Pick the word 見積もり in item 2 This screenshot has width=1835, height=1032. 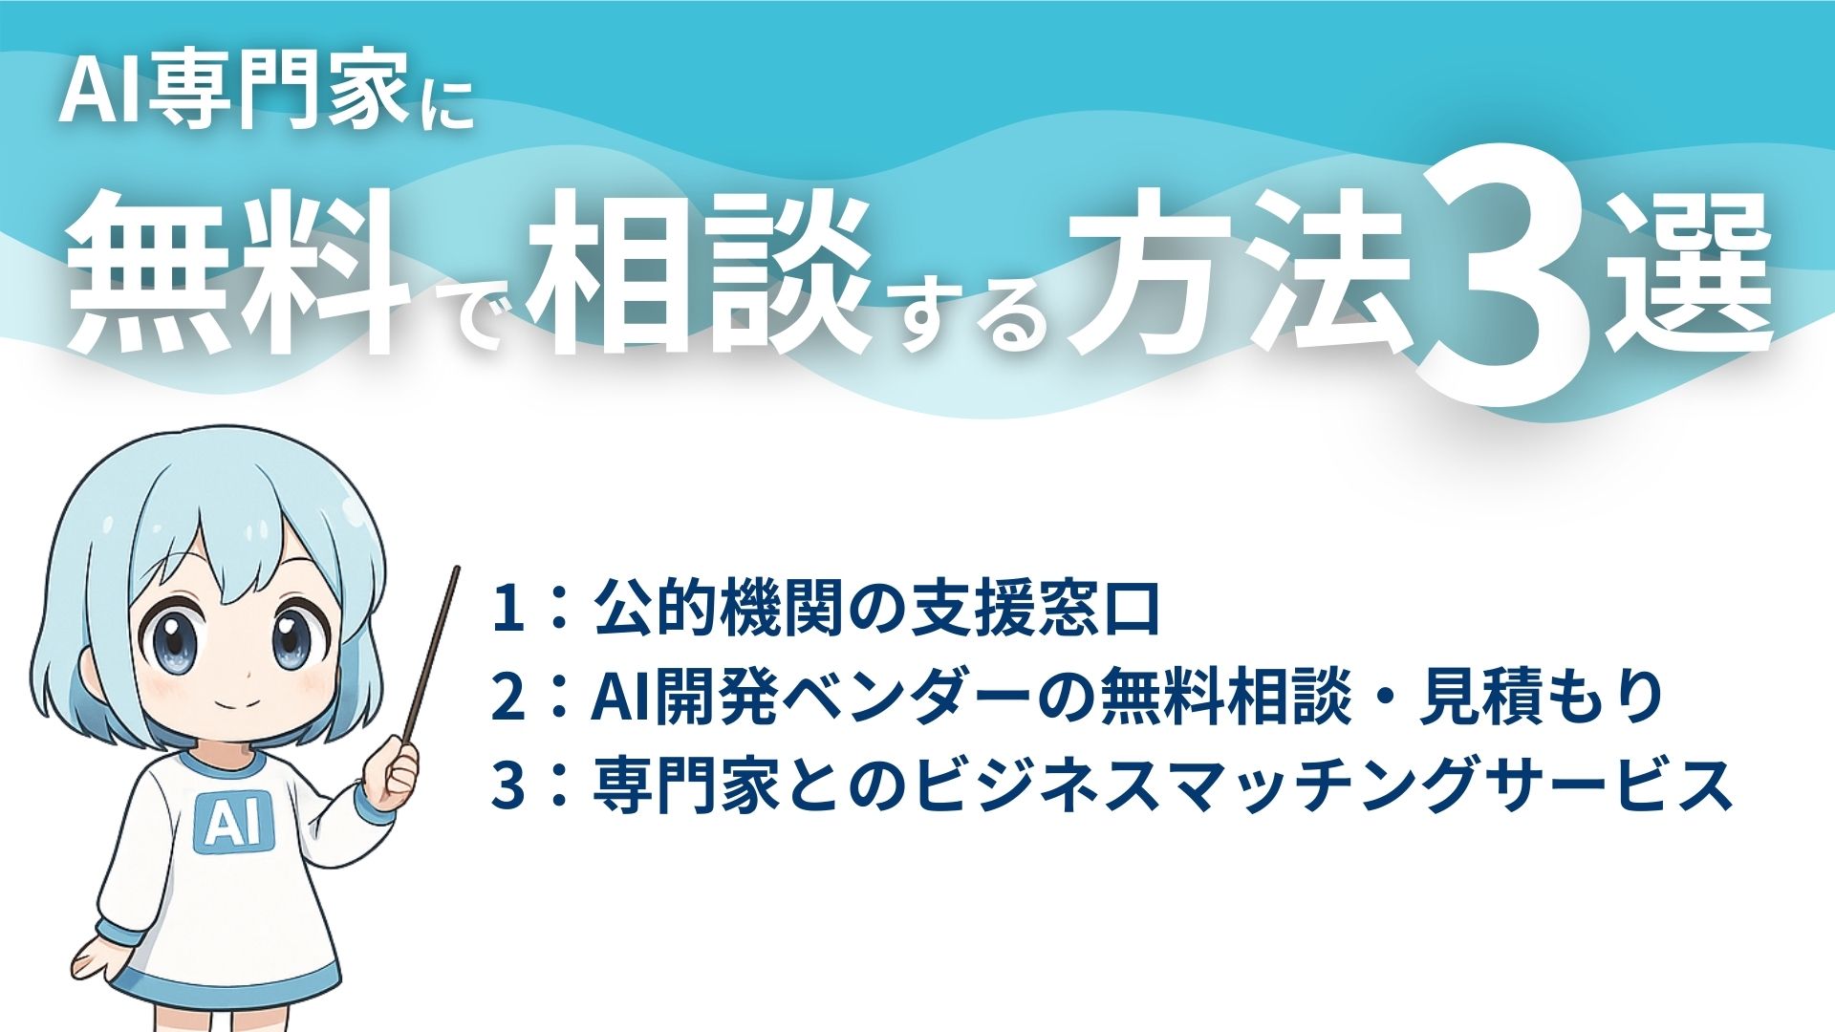(x=1542, y=698)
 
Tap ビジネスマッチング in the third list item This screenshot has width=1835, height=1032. (x=1234, y=785)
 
